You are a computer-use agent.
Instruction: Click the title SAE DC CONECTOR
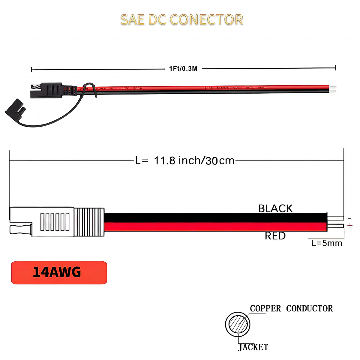[181, 20]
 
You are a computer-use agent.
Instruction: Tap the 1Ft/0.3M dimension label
[183, 69]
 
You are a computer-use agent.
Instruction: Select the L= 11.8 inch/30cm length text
[185, 160]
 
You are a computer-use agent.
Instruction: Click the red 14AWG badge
[59, 272]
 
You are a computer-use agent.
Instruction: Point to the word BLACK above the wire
[275, 208]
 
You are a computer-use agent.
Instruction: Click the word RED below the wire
[275, 236]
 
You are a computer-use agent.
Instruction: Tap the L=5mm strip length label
[327, 243]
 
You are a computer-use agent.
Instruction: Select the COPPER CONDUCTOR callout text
[291, 308]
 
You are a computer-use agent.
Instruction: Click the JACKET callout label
[253, 347]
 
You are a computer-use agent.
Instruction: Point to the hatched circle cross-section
[238, 324]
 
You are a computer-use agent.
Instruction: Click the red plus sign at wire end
[350, 226]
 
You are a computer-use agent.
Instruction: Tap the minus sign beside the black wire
[349, 219]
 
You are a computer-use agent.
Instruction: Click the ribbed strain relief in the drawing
[89, 222]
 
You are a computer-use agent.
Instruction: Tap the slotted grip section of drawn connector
[55, 222]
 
